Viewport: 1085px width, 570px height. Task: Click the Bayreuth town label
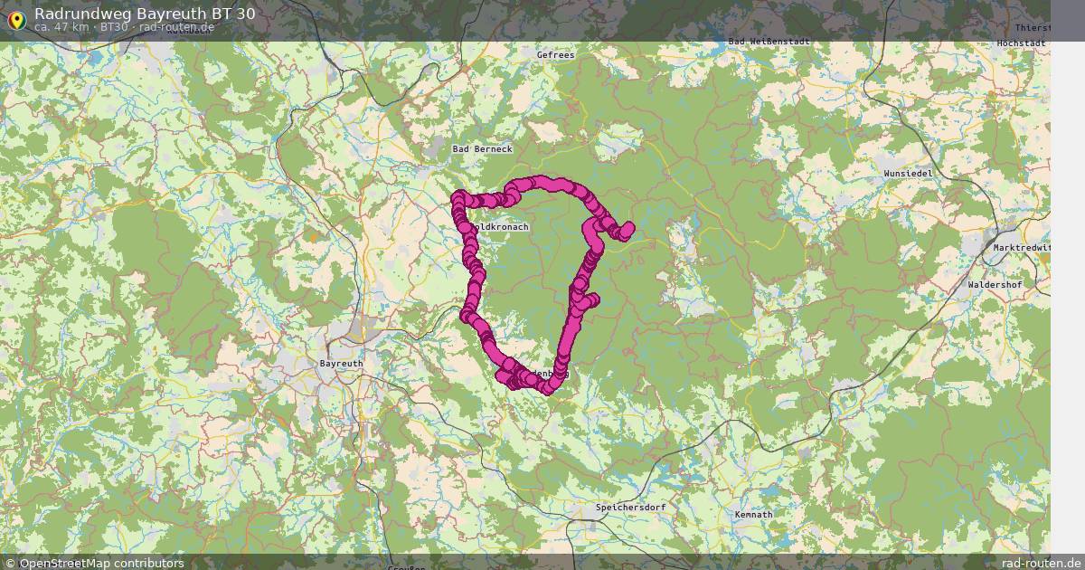pyautogui.click(x=341, y=363)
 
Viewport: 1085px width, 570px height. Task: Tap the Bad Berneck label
pyautogui.click(x=482, y=148)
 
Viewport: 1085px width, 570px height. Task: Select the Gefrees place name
pyautogui.click(x=555, y=55)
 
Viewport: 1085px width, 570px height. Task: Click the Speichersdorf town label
pyautogui.click(x=630, y=508)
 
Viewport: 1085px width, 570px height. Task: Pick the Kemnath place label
pyautogui.click(x=754, y=515)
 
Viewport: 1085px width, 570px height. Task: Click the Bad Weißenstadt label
pyautogui.click(x=764, y=41)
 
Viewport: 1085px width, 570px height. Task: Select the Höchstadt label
pyautogui.click(x=1021, y=43)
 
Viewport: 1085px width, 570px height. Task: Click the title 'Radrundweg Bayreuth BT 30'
pyautogui.click(x=145, y=14)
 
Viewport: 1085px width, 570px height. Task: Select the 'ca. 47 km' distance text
pyautogui.click(x=61, y=27)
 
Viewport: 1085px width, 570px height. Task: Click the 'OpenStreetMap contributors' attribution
pyautogui.click(x=101, y=563)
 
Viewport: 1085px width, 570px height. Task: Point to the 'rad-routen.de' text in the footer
pyautogui.click(x=1042, y=563)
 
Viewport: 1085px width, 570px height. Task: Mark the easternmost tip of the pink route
pyautogui.click(x=629, y=228)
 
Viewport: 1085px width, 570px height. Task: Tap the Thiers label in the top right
pyautogui.click(x=1033, y=28)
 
